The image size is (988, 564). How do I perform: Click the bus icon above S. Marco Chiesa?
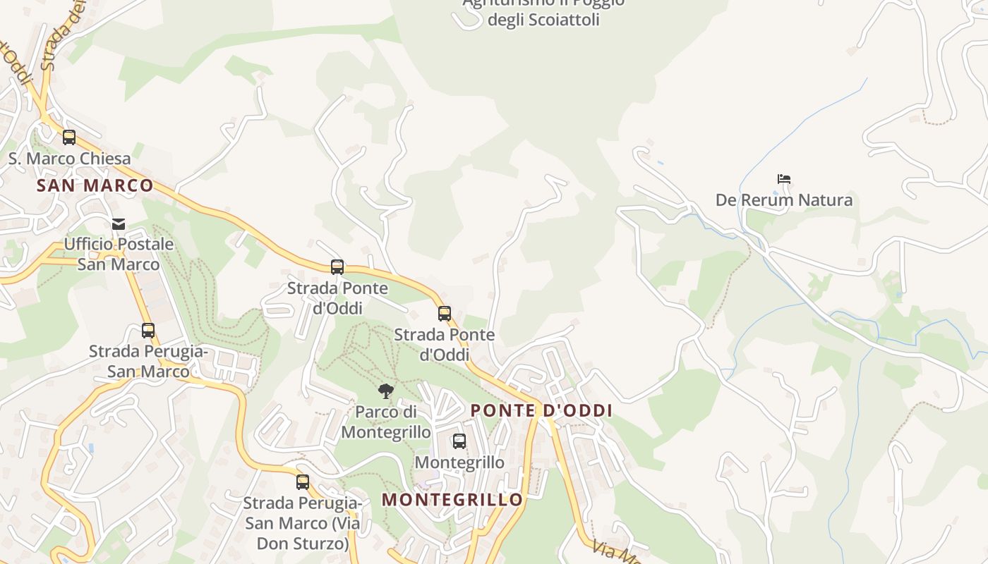[x=69, y=137]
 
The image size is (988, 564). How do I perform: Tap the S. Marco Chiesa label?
[x=69, y=159]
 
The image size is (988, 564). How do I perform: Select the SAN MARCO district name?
[x=95, y=185]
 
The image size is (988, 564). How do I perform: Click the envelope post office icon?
[x=119, y=224]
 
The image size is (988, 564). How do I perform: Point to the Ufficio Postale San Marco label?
[x=119, y=255]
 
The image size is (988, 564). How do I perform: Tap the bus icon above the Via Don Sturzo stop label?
[x=303, y=482]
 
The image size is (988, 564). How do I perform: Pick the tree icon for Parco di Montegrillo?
[x=385, y=391]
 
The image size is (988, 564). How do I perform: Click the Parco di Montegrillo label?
[x=386, y=422]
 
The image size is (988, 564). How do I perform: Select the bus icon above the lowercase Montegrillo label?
[x=459, y=441]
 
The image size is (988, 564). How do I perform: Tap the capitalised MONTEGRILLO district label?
[x=452, y=500]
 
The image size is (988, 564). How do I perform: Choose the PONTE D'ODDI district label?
[x=541, y=410]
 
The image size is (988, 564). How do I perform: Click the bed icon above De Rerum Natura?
[x=783, y=179]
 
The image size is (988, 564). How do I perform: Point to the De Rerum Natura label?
[x=783, y=200]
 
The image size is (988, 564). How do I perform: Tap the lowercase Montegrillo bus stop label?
[x=459, y=462]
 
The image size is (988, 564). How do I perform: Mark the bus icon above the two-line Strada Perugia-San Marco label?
[x=148, y=330]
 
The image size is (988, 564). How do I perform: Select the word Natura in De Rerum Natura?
[x=825, y=200]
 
